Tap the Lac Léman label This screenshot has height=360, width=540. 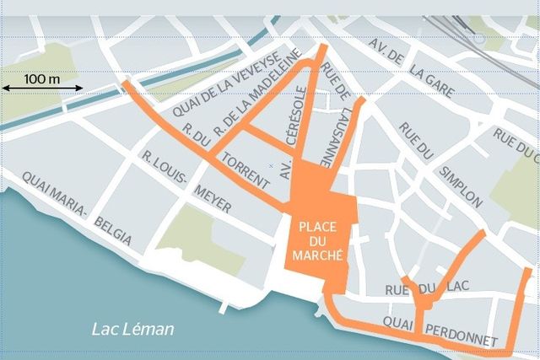(132, 329)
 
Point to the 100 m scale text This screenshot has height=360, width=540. (42, 78)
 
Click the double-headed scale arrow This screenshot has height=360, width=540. (42, 88)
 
